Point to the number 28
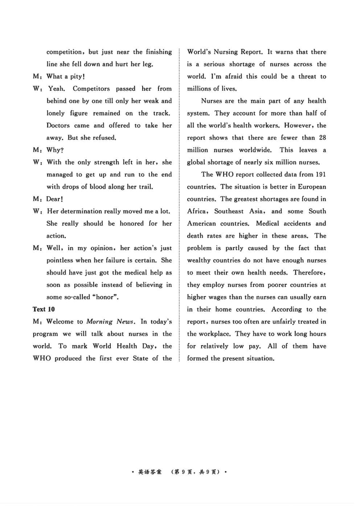(x=322, y=138)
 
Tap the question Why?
(x=55, y=150)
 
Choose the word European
(x=310, y=187)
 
